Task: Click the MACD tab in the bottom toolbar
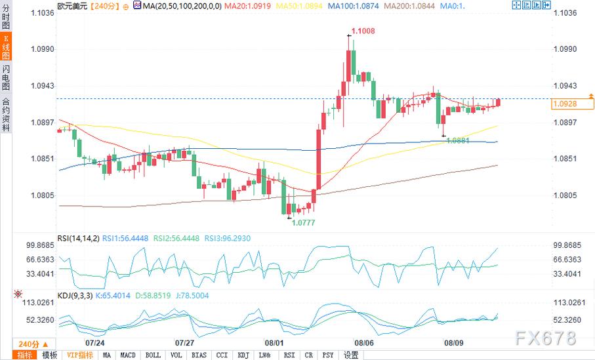[x=128, y=355]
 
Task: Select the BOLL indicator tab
[x=152, y=355]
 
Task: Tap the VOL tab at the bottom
[x=176, y=355]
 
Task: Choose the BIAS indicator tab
[x=199, y=355]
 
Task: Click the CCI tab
[x=222, y=355]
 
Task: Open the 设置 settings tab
[x=351, y=355]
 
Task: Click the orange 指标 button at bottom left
[x=24, y=355]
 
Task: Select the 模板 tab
[x=49, y=355]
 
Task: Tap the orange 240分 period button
[x=29, y=344]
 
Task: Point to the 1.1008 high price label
[x=363, y=31]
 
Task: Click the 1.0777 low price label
[x=302, y=222]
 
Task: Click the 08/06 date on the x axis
[x=363, y=342]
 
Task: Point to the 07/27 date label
[x=184, y=342]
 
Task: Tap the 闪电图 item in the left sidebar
[x=6, y=77]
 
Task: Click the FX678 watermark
[x=545, y=338]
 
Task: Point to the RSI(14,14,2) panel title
[x=77, y=238]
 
